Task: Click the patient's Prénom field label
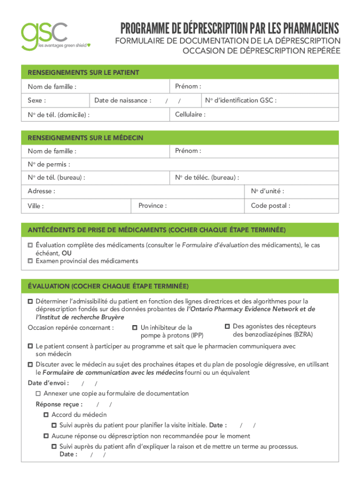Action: coord(188,87)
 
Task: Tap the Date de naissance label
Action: coord(122,100)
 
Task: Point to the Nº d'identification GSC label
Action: coord(240,100)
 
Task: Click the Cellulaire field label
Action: coord(190,114)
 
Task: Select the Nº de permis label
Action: coord(49,164)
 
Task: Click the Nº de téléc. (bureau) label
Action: coord(207,178)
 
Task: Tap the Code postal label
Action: coord(270,205)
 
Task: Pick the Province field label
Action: coord(152,205)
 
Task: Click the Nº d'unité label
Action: coord(267,191)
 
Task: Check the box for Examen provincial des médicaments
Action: coord(30,261)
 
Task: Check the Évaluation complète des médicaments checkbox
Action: coord(30,245)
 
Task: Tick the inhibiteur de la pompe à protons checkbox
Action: coord(135,327)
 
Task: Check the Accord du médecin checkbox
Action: coord(46,415)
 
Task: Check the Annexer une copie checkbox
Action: coord(38,394)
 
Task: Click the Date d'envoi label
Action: coord(48,383)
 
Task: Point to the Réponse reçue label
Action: coord(59,404)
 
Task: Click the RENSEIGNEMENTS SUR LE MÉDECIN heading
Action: coord(85,138)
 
